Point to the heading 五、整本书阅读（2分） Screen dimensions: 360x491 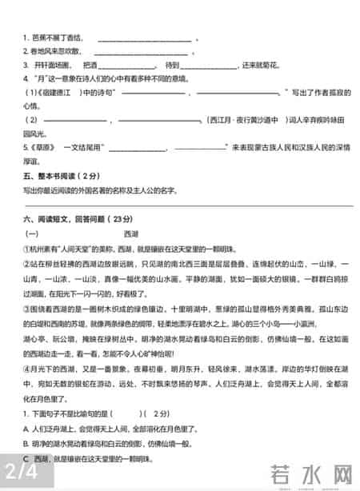pos(61,175)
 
